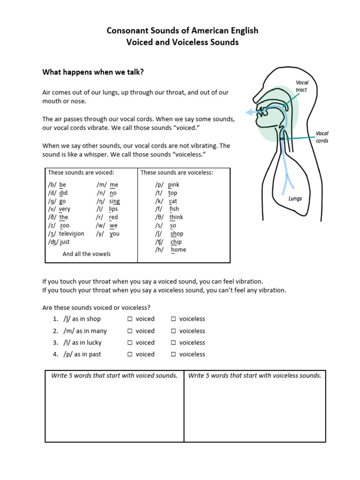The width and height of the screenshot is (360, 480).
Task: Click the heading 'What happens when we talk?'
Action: click(93, 72)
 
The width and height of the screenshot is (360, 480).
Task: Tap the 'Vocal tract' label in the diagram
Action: click(302, 86)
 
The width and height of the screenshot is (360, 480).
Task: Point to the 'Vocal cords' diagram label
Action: click(322, 137)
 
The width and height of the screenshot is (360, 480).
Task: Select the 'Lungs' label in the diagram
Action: click(295, 198)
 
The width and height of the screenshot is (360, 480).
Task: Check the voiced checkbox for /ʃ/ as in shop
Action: click(129, 319)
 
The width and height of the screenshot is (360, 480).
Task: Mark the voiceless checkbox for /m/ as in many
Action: click(173, 331)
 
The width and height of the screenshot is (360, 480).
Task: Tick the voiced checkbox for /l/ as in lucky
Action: click(129, 343)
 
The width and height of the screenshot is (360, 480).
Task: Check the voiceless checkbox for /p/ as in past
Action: click(173, 354)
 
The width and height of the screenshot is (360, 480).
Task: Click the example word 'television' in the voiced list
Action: click(72, 233)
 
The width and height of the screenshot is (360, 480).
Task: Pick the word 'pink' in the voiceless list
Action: click(173, 185)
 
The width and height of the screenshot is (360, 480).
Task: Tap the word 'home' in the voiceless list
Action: click(178, 250)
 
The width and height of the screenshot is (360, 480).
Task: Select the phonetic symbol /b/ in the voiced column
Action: click(52, 185)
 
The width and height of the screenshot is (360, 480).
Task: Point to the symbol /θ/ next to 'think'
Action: click(160, 217)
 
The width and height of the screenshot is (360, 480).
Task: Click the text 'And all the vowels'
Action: click(87, 254)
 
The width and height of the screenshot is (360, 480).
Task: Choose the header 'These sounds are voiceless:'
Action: click(177, 172)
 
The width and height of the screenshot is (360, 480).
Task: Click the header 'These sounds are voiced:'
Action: click(81, 172)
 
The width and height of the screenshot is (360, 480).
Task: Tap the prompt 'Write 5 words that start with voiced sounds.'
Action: click(114, 375)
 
